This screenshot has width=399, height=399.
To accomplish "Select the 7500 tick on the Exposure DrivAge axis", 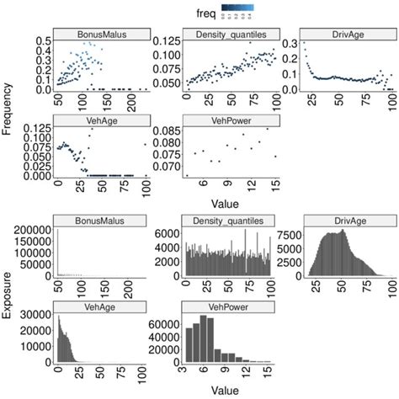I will [x=290, y=237].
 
